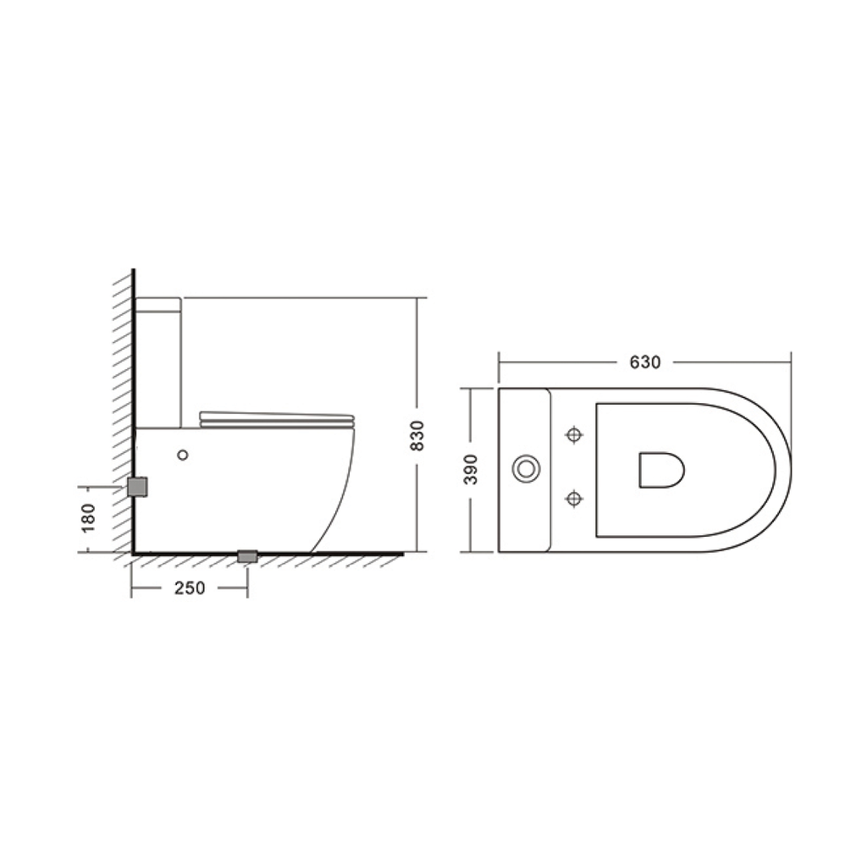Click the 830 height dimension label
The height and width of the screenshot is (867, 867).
417,435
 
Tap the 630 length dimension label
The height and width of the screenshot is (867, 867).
644,362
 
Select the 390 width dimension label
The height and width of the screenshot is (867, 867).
471,469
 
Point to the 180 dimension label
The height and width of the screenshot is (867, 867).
88,518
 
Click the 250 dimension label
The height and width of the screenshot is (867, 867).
190,588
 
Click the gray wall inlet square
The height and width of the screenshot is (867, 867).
137,487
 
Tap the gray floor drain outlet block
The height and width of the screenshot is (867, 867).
247,556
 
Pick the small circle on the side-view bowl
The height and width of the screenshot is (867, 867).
183,455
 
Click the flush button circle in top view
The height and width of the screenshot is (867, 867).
526,469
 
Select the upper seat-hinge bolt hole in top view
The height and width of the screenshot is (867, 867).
575,434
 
